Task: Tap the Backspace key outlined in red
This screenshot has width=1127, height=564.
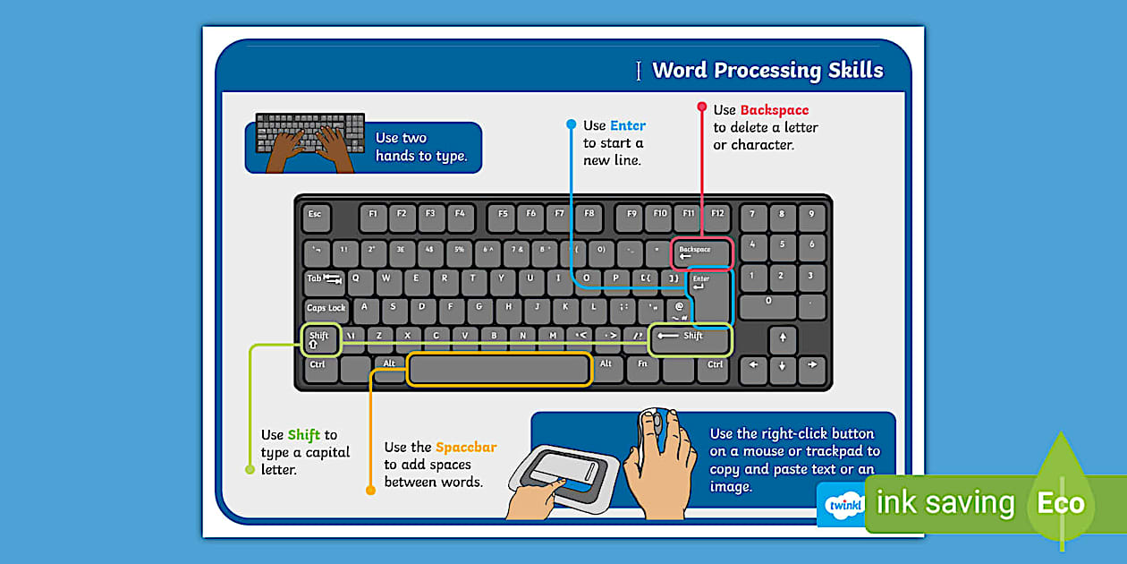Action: coord(702,253)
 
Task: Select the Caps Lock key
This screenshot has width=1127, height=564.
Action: coord(326,309)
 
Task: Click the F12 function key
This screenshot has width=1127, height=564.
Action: coord(717,216)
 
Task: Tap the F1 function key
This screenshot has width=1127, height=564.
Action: coord(373,216)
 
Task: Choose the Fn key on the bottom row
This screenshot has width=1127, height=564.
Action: coord(642,366)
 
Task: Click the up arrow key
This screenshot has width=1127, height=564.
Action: coord(783,338)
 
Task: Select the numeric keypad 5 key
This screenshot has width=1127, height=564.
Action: coord(783,244)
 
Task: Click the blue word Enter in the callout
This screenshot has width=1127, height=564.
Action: coord(627,126)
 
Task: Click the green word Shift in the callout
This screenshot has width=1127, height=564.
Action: coord(303,436)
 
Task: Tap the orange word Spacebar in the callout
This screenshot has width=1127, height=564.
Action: coord(465,448)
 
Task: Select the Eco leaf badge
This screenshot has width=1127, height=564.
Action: coord(1061,501)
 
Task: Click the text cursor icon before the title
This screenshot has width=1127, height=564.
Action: coord(638,72)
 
